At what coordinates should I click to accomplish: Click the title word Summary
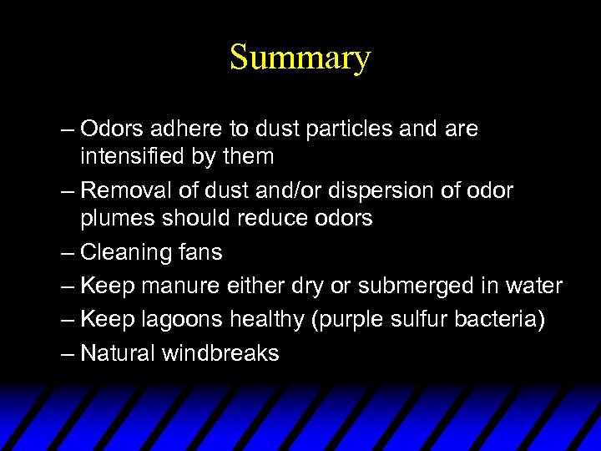300,58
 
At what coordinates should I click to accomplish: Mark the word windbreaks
220,353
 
